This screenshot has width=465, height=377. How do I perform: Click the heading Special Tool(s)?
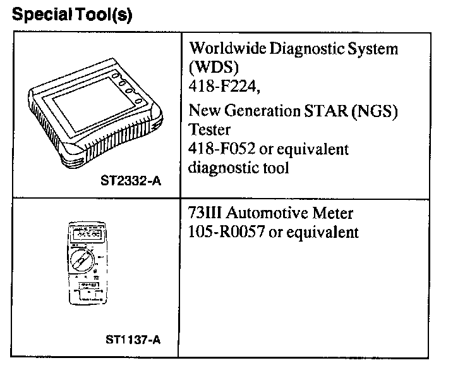72,15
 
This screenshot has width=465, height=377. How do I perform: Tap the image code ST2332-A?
131,182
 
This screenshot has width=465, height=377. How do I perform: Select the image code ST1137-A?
133,340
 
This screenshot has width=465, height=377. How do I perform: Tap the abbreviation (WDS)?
210,66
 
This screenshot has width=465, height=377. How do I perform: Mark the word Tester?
210,130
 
